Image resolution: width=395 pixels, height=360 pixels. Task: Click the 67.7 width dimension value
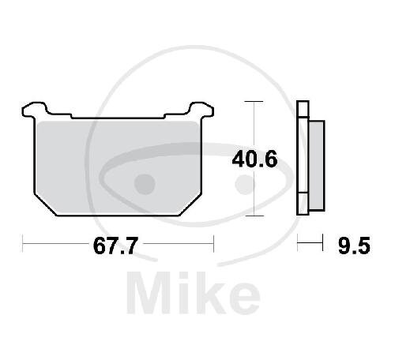115,246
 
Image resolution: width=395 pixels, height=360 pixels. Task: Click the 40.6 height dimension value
254,159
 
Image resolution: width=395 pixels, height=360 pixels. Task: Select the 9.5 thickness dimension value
354,246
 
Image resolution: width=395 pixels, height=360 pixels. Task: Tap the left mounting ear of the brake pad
34,109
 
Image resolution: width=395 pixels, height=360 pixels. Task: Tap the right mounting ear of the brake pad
201,109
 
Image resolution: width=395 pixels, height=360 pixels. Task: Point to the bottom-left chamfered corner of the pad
45,204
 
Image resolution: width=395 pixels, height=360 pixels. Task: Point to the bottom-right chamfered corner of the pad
190,204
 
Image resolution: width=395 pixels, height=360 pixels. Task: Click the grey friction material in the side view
317,166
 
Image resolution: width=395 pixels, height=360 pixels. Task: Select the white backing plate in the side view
303,158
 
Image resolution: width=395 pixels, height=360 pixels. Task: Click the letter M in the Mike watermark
149,293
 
